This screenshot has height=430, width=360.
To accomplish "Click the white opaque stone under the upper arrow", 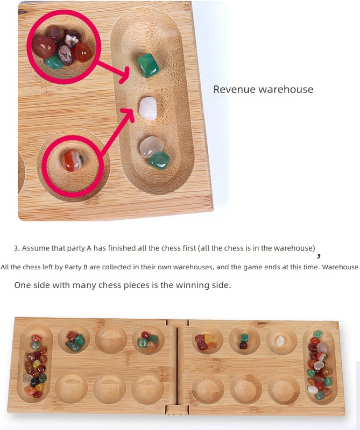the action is (148, 109).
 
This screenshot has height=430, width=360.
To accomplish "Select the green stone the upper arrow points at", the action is (149, 66).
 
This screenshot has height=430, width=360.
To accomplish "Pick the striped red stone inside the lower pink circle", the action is (73, 161).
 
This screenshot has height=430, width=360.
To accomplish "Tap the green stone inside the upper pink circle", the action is (54, 61).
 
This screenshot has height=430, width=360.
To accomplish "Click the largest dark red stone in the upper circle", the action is (44, 47).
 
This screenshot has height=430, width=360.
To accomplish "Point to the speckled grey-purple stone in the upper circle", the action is (66, 55).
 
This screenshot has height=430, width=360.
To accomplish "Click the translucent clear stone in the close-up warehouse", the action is (151, 146).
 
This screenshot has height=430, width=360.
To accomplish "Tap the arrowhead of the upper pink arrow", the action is (124, 75).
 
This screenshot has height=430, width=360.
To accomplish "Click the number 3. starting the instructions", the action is (17, 248).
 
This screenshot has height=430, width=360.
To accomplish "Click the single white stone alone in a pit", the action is (280, 341).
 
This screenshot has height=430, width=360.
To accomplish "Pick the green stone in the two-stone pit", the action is (244, 338).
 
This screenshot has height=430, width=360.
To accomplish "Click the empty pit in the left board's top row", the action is (111, 339).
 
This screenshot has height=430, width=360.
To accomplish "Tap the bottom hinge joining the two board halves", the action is (177, 411).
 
